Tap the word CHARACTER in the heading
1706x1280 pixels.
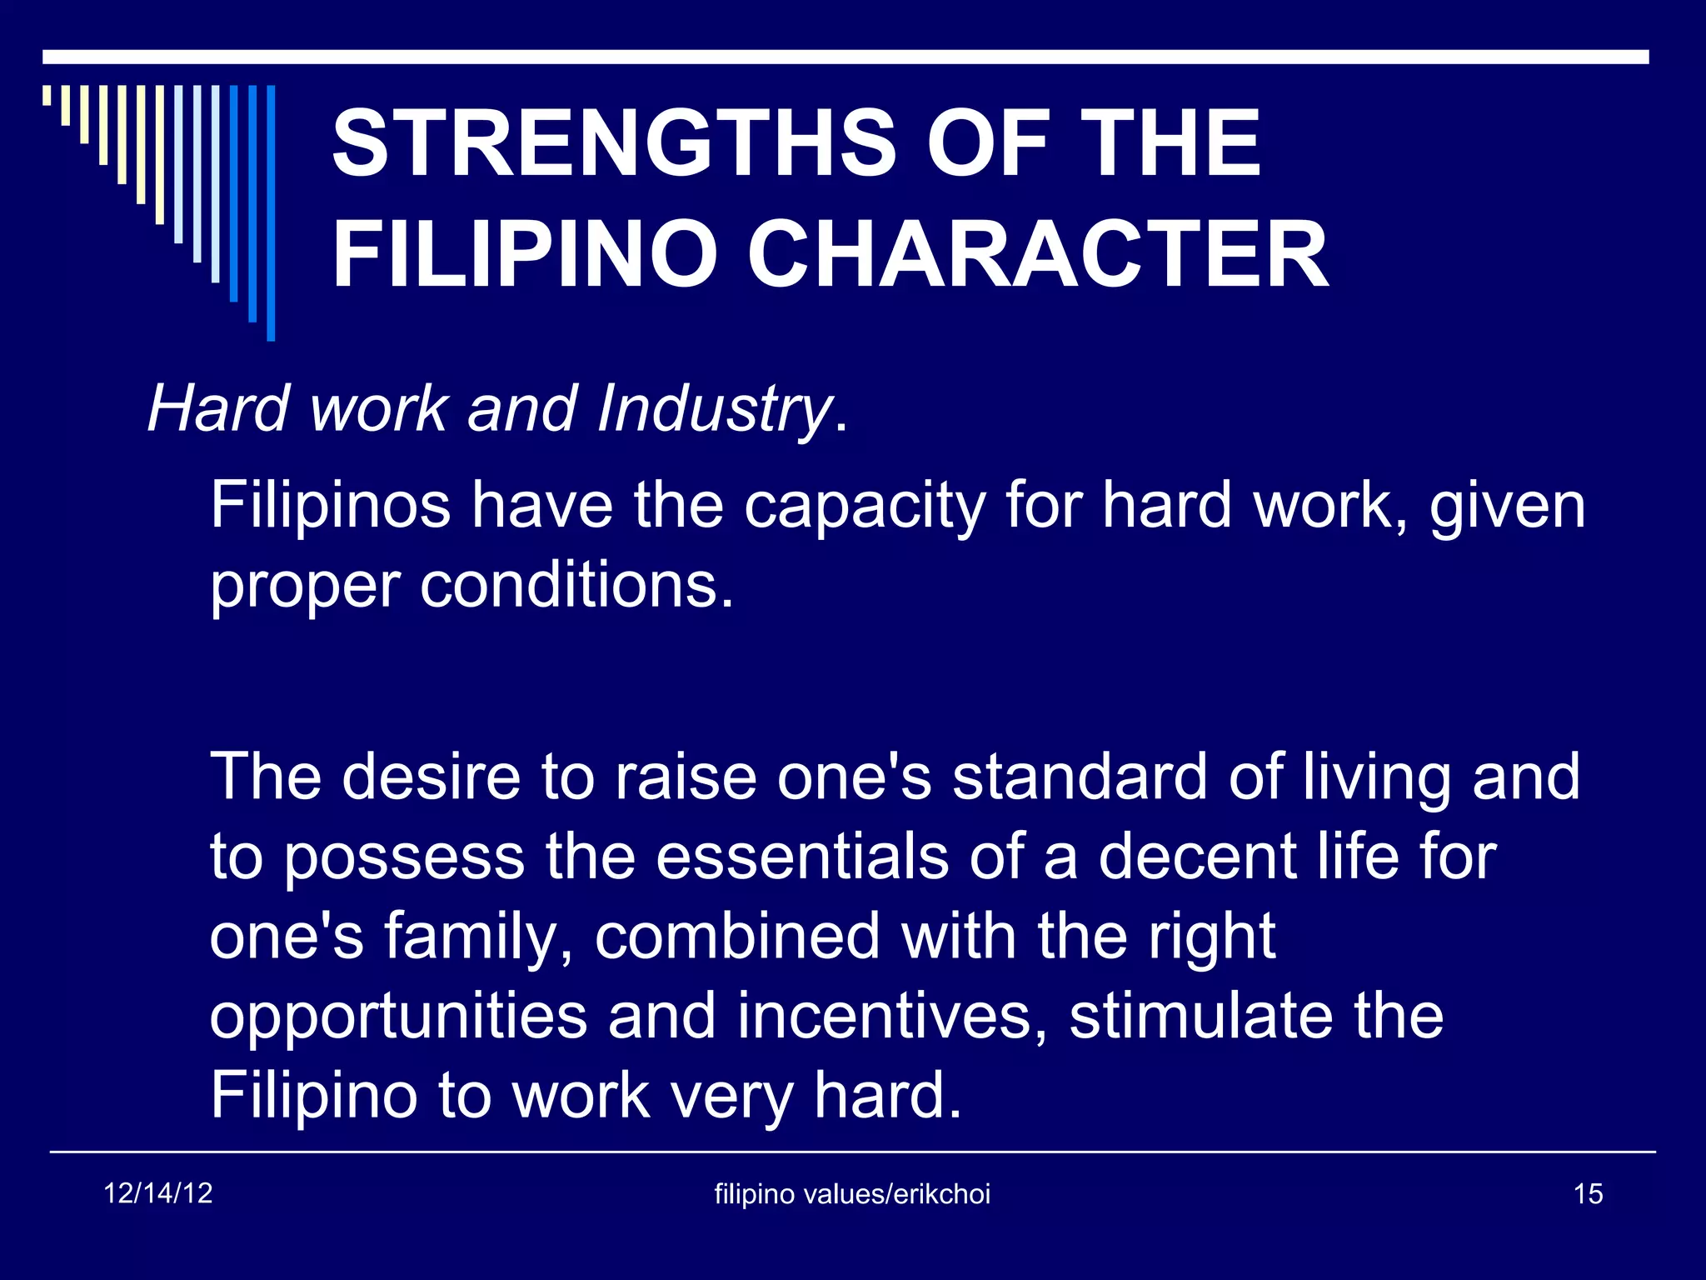pyautogui.click(x=1037, y=255)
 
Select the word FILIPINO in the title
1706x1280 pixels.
pyautogui.click(x=524, y=255)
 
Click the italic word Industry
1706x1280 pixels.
pyautogui.click(x=713, y=410)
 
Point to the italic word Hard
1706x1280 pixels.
pyautogui.click(x=218, y=410)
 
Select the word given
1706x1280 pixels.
pyautogui.click(x=1507, y=507)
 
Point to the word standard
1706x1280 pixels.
pyautogui.click(x=1080, y=777)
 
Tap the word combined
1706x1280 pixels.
pyautogui.click(x=737, y=937)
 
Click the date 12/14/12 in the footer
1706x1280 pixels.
pyautogui.click(x=158, y=1193)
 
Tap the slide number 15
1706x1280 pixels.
pyautogui.click(x=1588, y=1194)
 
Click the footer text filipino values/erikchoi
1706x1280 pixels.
pyautogui.click(x=852, y=1194)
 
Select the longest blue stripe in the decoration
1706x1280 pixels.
pyautogui.click(x=271, y=212)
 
